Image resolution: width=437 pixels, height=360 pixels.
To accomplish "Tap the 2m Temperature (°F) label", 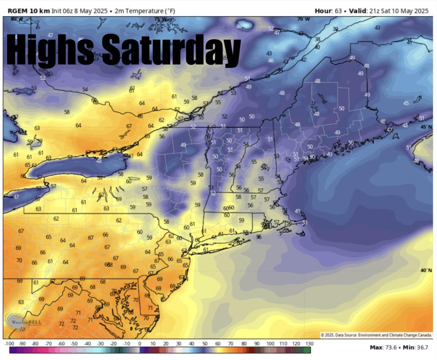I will pyautogui.click(x=145, y=11).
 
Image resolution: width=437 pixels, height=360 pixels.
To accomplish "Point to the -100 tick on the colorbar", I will pyautogui.click(x=9, y=344).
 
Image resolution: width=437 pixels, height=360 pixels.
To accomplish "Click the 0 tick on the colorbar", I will pyautogui.click(x=139, y=344).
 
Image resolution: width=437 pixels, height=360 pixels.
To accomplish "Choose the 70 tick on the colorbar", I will pyautogui.click(x=231, y=344).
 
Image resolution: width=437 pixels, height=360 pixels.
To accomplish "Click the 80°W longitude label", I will pyautogui.click(x=16, y=19).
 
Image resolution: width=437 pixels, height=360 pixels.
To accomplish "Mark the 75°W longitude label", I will pyautogui.click(x=161, y=19).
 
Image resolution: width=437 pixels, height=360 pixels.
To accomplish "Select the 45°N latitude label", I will pyautogui.click(x=426, y=127).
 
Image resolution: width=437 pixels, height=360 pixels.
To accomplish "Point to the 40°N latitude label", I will pyautogui.click(x=426, y=270).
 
